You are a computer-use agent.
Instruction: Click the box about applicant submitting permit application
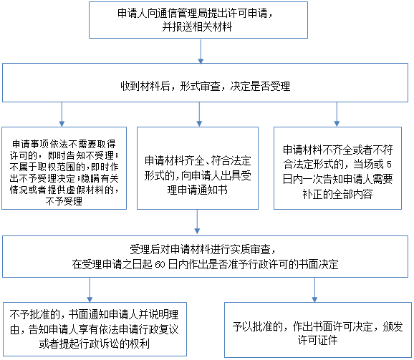198,20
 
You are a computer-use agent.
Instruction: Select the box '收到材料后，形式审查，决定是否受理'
205,82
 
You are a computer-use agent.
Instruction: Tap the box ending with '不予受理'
64,168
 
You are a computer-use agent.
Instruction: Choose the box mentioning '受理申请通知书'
198,168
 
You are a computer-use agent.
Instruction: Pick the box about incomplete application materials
337,168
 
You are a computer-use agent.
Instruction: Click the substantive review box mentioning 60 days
205,257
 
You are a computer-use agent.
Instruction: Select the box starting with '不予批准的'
95,329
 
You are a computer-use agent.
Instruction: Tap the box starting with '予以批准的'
318,330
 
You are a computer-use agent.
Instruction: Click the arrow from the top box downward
201,52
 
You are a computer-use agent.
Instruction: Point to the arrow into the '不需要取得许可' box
62,115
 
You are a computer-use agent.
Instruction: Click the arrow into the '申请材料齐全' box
199,115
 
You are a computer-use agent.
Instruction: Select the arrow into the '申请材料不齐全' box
337,115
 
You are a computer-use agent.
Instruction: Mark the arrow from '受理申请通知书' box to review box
197,222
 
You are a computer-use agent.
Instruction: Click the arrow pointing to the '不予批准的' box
90,290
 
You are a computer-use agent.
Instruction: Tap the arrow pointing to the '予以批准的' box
314,290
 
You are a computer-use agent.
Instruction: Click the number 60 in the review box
160,265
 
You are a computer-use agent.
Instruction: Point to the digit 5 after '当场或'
389,165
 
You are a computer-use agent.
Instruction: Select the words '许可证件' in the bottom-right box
317,340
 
